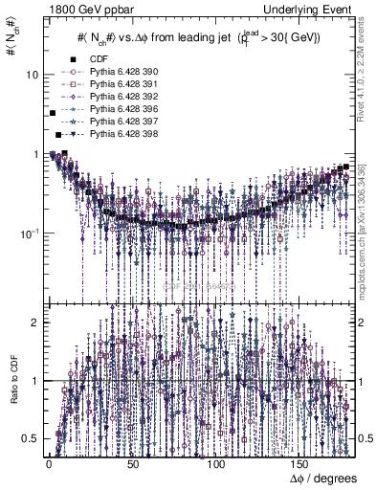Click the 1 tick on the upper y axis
click(35, 154)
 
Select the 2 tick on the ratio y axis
click(35, 322)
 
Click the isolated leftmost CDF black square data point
click(53, 114)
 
